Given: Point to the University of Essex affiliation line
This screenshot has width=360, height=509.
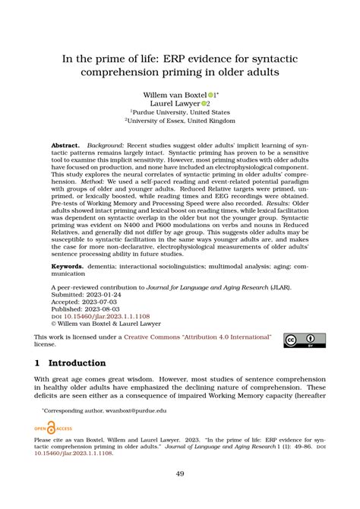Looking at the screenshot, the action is [x=180, y=120].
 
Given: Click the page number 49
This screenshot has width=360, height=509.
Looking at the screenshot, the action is [x=180, y=473].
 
